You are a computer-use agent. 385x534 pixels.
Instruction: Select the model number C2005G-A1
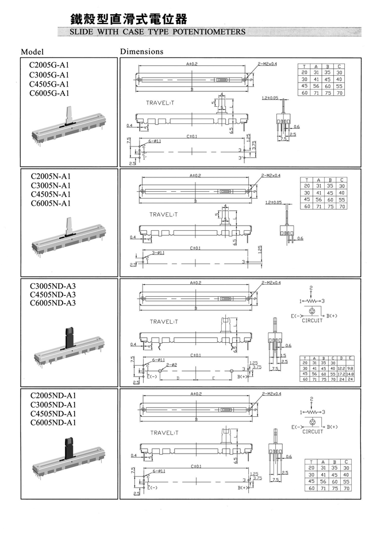[49, 65]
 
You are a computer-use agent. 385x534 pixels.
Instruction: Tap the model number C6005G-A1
[49, 93]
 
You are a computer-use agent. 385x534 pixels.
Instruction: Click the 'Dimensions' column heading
[141, 52]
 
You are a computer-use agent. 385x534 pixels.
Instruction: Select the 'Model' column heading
[32, 52]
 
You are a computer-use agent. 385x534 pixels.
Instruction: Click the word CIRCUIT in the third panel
[313, 320]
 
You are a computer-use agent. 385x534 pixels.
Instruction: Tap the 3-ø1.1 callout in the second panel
[159, 253]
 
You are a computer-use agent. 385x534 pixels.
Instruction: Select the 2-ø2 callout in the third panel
[171, 365]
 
